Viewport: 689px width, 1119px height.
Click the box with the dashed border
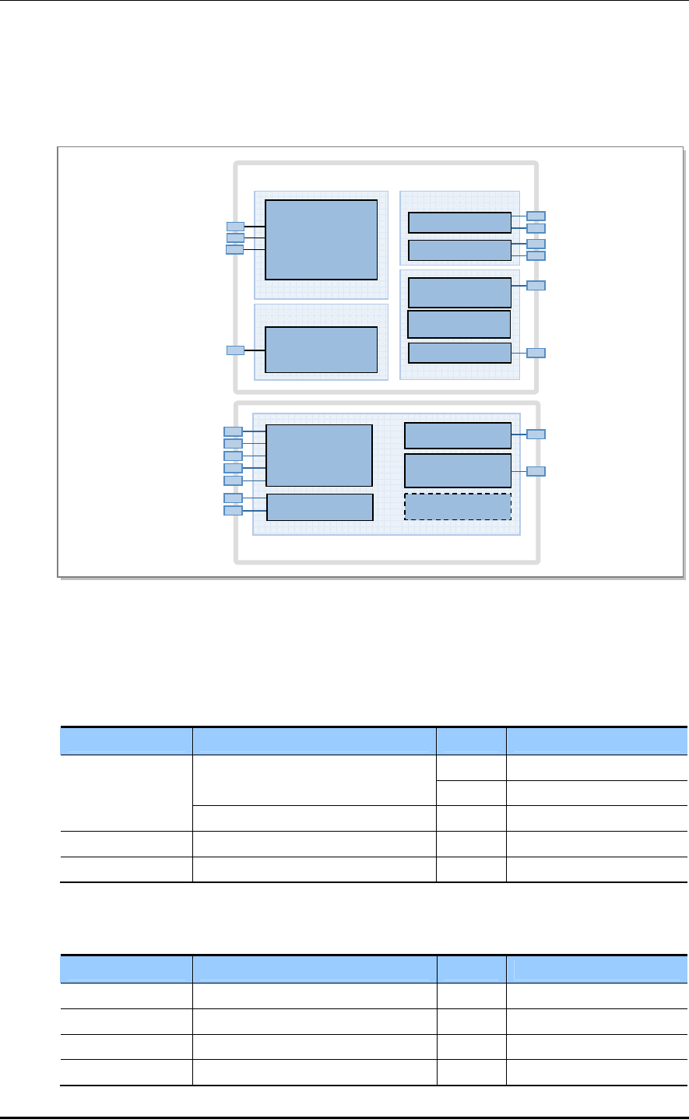458,506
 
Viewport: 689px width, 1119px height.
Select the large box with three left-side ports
321,239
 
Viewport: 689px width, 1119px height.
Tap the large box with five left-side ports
319,455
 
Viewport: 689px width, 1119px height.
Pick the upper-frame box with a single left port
321,350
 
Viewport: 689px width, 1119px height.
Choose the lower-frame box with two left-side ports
320,507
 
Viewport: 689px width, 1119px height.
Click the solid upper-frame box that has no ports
459,323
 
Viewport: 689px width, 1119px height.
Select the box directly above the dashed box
458,470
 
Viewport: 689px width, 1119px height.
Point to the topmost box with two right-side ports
459,222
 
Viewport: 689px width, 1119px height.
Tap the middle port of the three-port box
235,238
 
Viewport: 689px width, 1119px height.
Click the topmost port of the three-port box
235,227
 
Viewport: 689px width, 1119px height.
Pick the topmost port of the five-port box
233,431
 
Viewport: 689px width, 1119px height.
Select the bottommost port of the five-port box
233,480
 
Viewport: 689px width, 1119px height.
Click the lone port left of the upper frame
235,350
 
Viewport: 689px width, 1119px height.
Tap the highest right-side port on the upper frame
536,215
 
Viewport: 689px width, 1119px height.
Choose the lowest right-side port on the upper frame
536,353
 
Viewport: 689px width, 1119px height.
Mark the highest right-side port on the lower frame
536,434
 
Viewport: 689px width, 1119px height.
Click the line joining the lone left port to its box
255,350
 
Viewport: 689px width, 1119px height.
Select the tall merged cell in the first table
126,793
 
